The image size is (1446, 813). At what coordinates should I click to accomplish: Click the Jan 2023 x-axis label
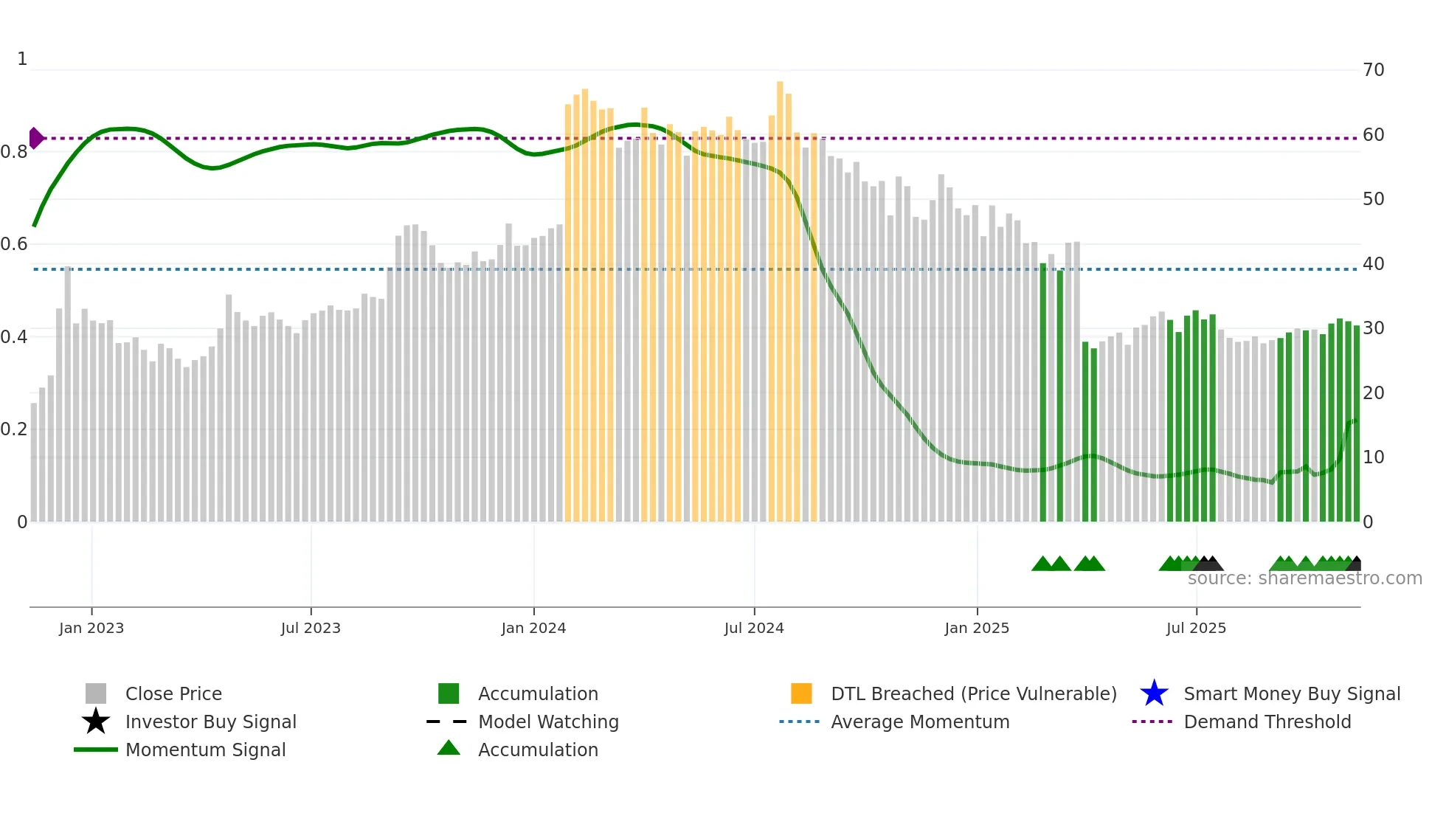(91, 628)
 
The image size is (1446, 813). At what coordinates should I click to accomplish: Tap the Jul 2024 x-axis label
(754, 628)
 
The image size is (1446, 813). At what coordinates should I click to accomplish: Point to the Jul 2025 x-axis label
(1196, 628)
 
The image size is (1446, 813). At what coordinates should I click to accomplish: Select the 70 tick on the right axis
(1373, 70)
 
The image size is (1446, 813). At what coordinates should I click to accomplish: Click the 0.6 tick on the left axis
(14, 244)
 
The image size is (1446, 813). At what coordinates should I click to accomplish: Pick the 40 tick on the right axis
(1373, 264)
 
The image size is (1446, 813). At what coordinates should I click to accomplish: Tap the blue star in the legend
(1154, 693)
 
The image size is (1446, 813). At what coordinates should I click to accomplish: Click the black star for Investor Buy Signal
(96, 722)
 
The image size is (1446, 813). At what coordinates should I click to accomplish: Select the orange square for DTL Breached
(801, 693)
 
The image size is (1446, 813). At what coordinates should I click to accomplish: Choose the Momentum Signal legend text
(205, 750)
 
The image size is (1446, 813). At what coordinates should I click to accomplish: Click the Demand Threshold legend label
(1267, 722)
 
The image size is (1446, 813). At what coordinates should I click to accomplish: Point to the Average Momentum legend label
(920, 722)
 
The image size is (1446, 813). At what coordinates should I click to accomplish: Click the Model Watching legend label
(548, 722)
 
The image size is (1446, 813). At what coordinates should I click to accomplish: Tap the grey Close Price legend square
(96, 693)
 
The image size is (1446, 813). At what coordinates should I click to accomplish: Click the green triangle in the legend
(449, 748)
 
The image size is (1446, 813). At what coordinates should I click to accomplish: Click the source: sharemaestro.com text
(1304, 578)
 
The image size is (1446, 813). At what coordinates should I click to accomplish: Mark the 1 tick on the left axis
(22, 59)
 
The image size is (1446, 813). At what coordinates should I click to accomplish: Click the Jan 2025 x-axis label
(977, 628)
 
